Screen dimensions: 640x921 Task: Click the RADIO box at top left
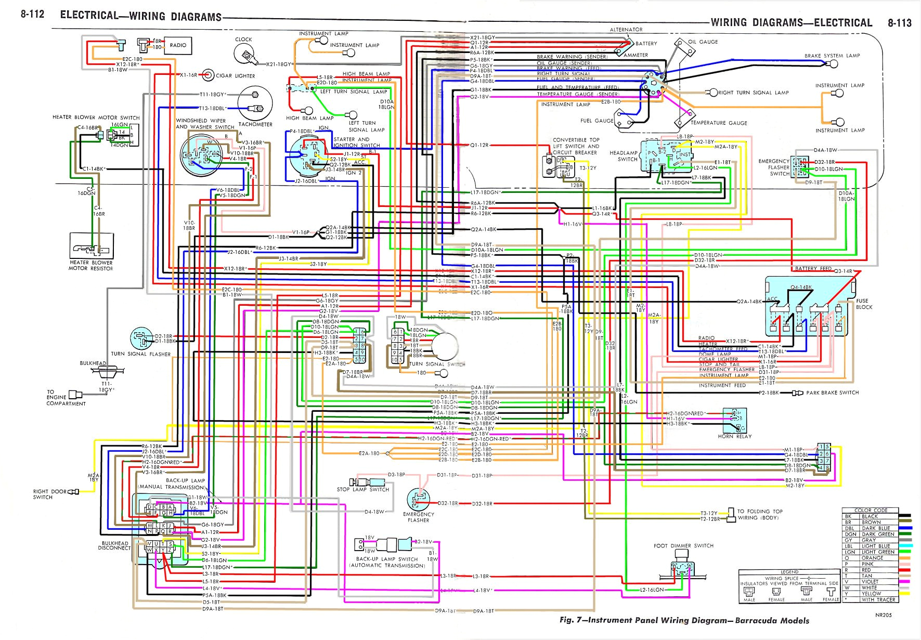click(x=178, y=46)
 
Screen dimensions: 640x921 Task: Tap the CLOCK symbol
click(x=244, y=54)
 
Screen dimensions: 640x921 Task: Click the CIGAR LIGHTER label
click(x=236, y=76)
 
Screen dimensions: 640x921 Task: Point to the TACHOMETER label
click(x=255, y=125)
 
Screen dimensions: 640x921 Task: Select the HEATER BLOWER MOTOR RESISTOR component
click(x=92, y=245)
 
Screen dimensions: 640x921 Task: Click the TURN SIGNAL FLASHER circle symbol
click(x=141, y=338)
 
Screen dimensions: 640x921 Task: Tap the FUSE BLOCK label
click(x=864, y=304)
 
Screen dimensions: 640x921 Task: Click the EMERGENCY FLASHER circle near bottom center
click(x=418, y=500)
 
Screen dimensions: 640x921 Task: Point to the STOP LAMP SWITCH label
click(x=363, y=490)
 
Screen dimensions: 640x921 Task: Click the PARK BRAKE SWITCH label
click(x=832, y=393)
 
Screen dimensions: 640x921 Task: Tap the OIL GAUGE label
click(x=703, y=42)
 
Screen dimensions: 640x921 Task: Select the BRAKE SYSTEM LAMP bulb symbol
click(x=834, y=64)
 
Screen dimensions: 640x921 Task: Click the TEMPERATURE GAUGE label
click(x=719, y=123)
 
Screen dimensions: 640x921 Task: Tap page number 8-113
click(x=899, y=23)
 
